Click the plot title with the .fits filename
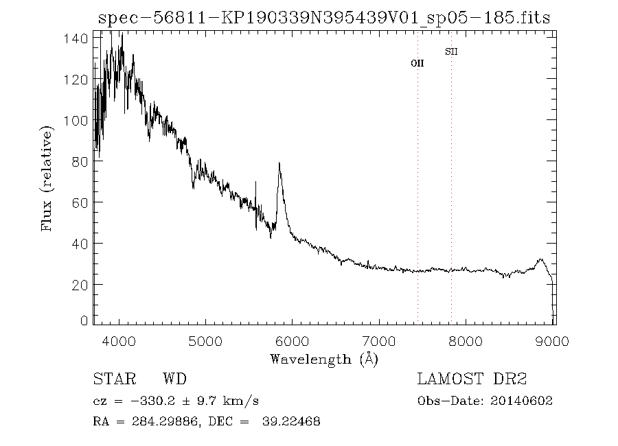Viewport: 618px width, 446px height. click(x=324, y=18)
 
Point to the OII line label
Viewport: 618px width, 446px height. click(x=417, y=63)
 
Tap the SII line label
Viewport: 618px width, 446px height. click(x=451, y=51)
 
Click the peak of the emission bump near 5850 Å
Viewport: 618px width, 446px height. click(x=279, y=164)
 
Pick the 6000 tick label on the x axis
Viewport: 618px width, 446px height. click(x=293, y=341)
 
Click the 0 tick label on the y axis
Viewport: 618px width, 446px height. click(x=84, y=320)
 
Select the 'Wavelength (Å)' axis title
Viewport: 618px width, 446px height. click(x=324, y=359)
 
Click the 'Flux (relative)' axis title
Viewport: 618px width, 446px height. click(x=47, y=178)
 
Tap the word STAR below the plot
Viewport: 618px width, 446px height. click(x=110, y=379)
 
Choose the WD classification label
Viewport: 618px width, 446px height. click(x=174, y=379)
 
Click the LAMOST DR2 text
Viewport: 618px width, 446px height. click(x=472, y=379)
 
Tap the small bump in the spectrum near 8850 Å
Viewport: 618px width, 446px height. click(x=541, y=260)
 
